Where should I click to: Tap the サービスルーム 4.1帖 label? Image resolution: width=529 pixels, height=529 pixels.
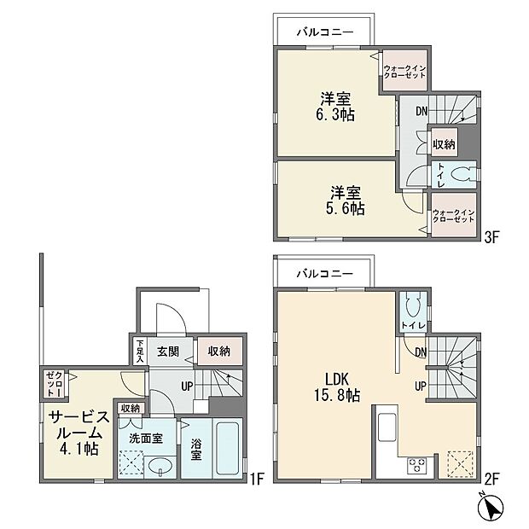point(78,432)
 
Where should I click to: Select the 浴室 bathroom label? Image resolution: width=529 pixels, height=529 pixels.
point(195,450)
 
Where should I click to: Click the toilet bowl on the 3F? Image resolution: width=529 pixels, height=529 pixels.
point(462,173)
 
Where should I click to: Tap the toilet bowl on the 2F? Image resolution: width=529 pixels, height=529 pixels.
point(414,307)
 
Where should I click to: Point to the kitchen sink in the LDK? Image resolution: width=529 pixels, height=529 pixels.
point(384,426)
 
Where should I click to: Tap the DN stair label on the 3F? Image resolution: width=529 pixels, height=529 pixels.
point(421,111)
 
